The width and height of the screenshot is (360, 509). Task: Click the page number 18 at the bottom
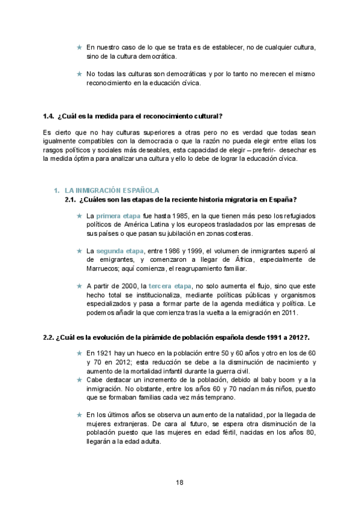point(179,482)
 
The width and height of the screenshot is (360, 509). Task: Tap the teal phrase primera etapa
point(118,215)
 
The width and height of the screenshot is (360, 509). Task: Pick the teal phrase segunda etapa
point(120,250)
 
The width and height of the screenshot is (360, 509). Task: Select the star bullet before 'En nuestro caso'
point(79,47)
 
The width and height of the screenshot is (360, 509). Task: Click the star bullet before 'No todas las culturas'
point(79,74)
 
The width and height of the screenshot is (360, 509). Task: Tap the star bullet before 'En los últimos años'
point(79,414)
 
